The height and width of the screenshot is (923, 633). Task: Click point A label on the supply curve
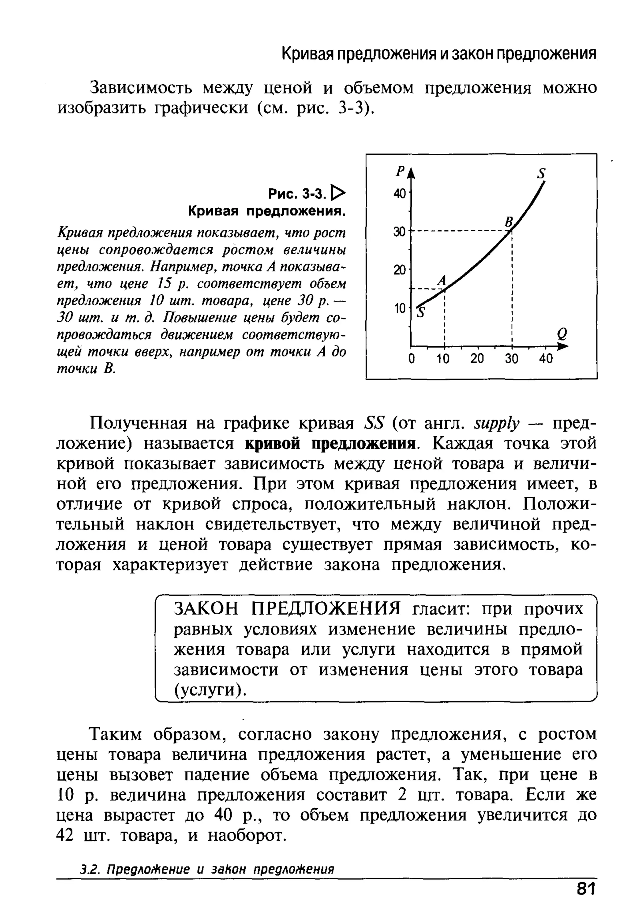pos(442,280)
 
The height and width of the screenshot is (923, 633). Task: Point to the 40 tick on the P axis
pos(400,194)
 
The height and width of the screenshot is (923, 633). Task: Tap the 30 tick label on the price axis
pos(399,232)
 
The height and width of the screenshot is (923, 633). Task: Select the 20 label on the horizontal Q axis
pos(477,359)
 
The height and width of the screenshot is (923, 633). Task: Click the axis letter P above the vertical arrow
pos(400,172)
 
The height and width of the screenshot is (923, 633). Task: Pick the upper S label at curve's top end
pos(541,173)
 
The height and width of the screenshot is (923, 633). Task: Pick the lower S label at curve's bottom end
pos(421,313)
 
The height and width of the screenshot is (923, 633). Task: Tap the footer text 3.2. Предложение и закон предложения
pos(207,869)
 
